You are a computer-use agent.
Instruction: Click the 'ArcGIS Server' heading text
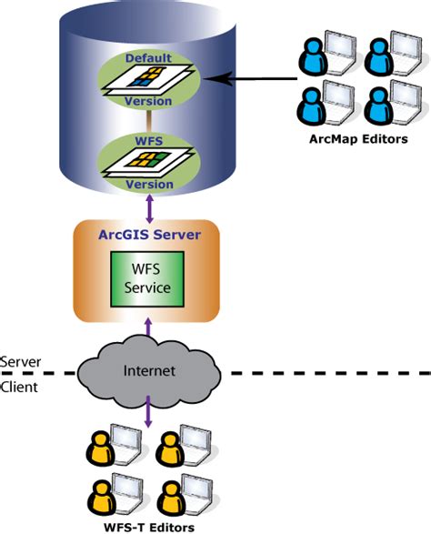tap(149, 235)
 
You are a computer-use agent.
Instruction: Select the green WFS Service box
tap(147, 279)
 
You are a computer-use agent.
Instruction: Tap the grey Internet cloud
tap(149, 371)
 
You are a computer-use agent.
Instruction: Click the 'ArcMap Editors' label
tap(358, 139)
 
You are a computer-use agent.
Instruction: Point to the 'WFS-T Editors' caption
tap(149, 528)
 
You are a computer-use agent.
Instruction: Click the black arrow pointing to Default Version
tap(250, 78)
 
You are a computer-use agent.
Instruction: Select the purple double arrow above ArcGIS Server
tap(149, 208)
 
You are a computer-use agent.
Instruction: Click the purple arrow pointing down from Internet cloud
tap(148, 411)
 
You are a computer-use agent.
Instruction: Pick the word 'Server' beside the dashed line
tap(20, 362)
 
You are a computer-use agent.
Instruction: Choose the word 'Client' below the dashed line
tap(19, 388)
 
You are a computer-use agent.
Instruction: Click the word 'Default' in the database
tap(148, 58)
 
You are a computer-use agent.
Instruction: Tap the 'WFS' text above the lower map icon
tap(149, 141)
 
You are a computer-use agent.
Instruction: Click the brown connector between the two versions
tap(149, 122)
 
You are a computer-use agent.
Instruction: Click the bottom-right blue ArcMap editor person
tap(378, 106)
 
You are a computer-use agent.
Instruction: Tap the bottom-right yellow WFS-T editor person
tap(173, 499)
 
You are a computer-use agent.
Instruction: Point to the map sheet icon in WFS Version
tap(148, 162)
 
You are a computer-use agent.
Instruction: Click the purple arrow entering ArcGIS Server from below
tap(148, 327)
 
